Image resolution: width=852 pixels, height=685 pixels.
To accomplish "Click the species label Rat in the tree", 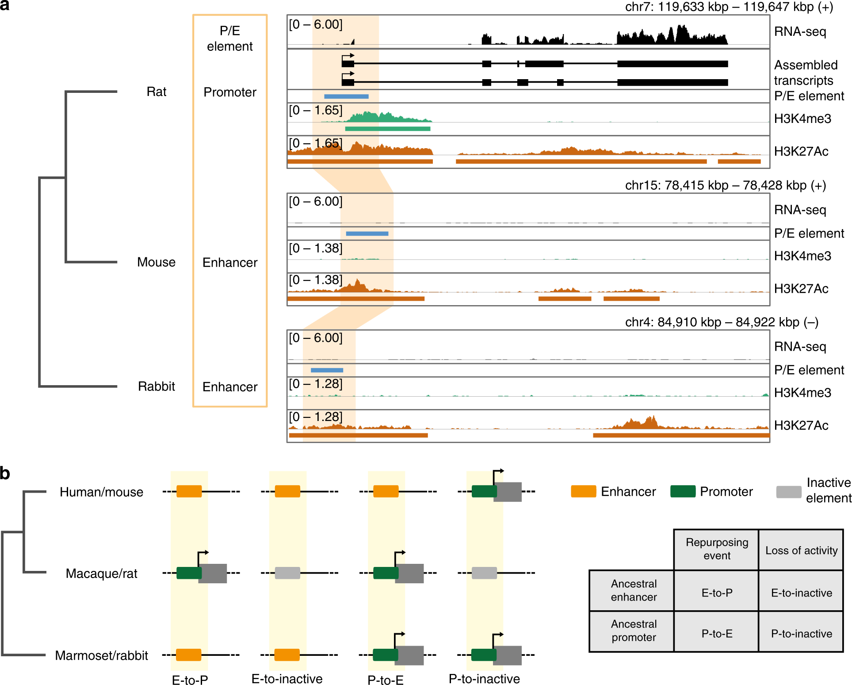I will (157, 92).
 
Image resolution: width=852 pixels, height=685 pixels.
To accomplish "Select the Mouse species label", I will (156, 262).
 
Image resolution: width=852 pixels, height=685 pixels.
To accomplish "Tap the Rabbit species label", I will (157, 387).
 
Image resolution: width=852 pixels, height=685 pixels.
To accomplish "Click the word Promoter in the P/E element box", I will (230, 92).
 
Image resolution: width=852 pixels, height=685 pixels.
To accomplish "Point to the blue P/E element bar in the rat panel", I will (346, 96).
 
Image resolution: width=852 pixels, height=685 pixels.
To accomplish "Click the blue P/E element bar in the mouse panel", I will (367, 233).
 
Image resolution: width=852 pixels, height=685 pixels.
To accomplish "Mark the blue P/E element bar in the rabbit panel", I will (327, 370).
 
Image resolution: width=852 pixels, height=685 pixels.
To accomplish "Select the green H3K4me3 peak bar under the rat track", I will (387, 129).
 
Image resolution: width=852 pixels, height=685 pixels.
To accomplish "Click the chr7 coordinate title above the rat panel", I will (729, 7).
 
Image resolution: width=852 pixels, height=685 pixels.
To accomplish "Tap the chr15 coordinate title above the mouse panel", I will (725, 185).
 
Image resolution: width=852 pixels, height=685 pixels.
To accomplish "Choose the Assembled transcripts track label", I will (806, 73).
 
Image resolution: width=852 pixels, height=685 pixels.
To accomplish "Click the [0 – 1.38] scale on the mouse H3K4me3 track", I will (316, 249).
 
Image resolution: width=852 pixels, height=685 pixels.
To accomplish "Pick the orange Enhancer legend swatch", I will (583, 491).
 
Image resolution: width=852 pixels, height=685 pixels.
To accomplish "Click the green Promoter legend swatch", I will (683, 491).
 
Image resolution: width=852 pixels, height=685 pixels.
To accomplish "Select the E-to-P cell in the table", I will (717, 593).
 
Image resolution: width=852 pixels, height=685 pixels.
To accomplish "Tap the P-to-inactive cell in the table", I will (801, 633).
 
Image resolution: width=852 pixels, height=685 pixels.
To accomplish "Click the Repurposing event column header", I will (717, 549).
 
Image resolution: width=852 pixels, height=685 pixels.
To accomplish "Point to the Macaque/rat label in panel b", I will (101, 574).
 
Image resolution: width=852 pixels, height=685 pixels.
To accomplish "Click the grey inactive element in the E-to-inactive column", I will (287, 573).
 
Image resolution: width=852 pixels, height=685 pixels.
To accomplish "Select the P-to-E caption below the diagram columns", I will (386, 680).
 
